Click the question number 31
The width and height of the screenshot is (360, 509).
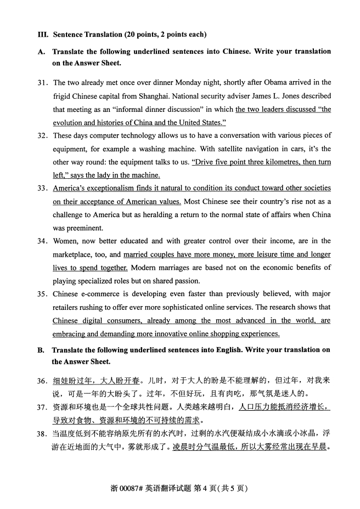42,83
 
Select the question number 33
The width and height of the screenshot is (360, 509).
42,189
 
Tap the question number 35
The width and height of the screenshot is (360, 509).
42,294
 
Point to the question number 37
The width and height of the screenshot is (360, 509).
42,408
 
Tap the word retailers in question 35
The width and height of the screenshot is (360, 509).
66,307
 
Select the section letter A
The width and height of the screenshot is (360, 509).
41,52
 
